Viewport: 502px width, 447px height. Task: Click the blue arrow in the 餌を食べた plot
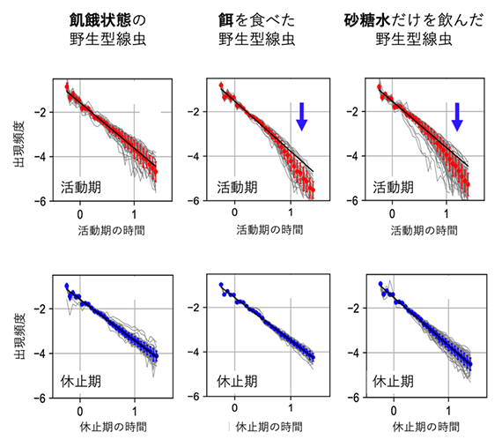301,115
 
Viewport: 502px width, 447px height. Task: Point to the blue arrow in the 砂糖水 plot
456,115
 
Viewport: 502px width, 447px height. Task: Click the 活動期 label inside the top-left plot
85,188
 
